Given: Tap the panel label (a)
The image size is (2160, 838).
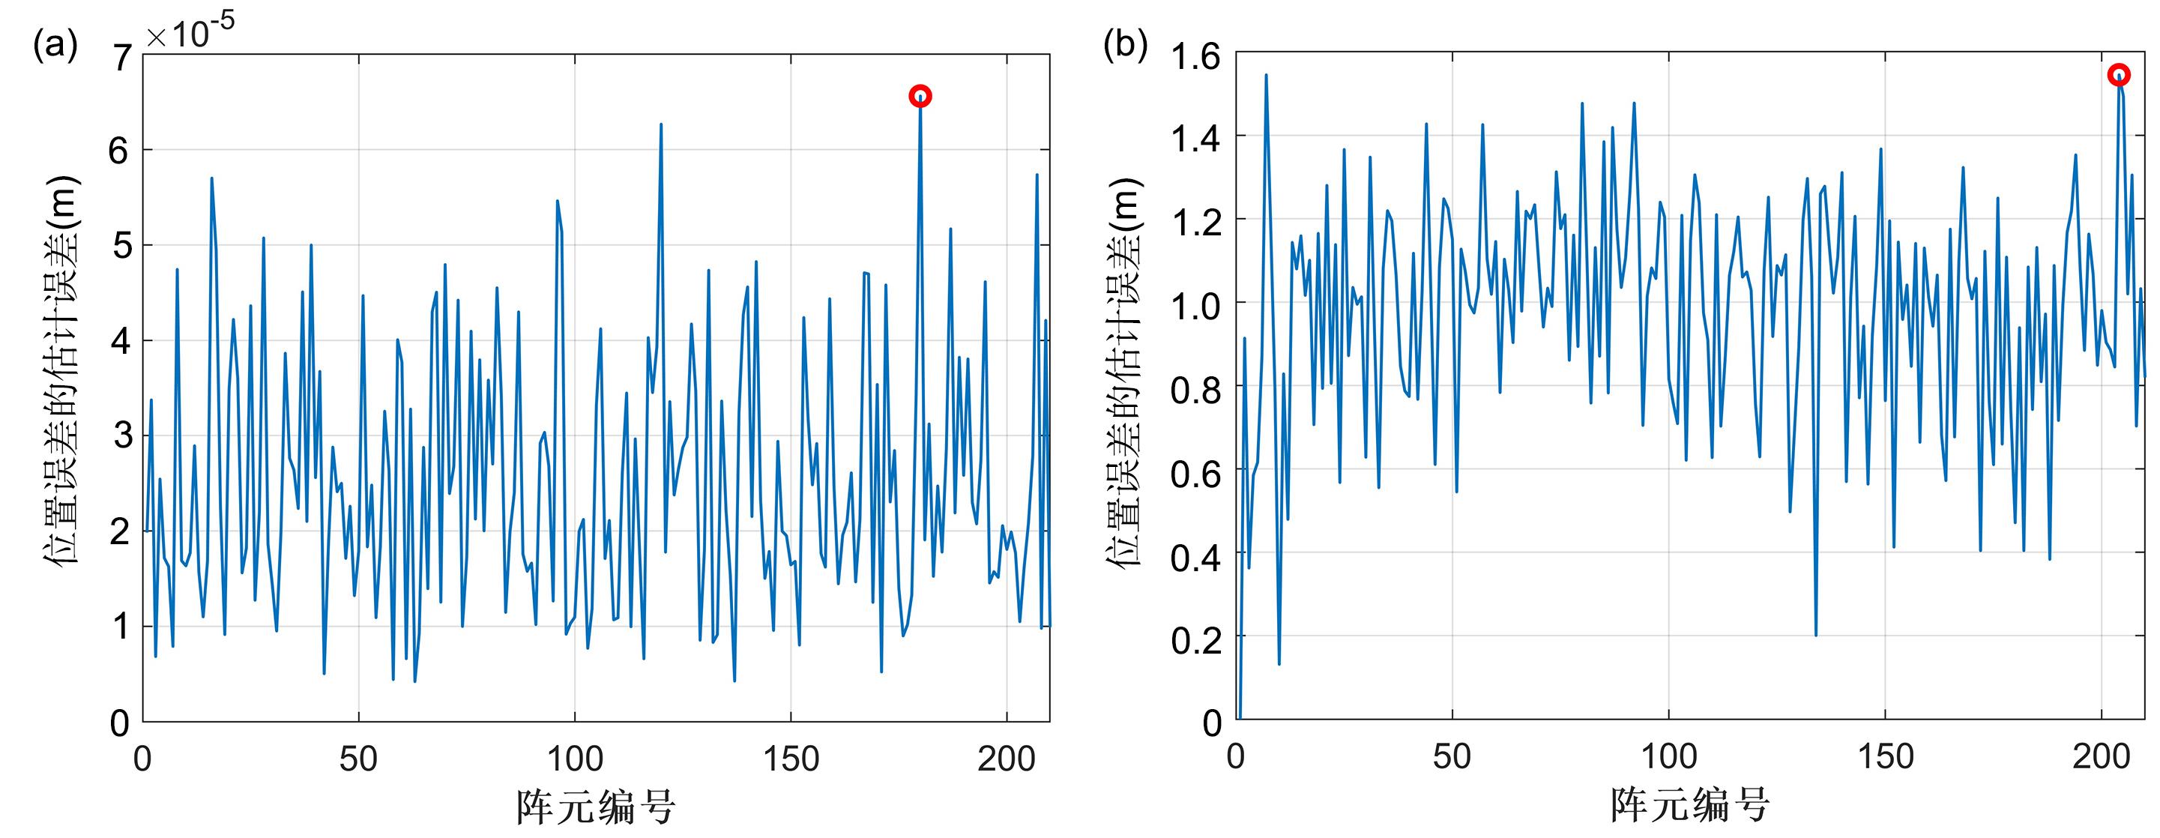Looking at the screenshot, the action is [55, 44].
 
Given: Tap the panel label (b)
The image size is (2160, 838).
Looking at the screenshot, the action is [1125, 44].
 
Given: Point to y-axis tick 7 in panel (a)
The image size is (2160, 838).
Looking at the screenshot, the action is [121, 57].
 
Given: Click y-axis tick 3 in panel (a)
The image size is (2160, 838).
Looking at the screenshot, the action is [121, 435].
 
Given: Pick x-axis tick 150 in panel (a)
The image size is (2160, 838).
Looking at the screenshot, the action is [791, 759].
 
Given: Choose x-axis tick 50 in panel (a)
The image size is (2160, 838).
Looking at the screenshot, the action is [358, 759].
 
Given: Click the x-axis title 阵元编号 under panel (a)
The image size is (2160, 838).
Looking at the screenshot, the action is [596, 806].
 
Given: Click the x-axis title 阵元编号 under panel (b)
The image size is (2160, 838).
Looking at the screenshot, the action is [1689, 804].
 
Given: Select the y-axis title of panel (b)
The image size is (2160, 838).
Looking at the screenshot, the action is [1123, 372].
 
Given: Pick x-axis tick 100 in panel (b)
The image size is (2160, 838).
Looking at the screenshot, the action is [1668, 756].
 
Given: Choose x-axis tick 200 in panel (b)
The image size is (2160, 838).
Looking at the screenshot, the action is [2102, 756].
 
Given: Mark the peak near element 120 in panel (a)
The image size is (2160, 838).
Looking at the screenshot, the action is [661, 124].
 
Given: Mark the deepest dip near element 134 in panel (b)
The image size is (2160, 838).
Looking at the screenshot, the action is [1815, 635].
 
